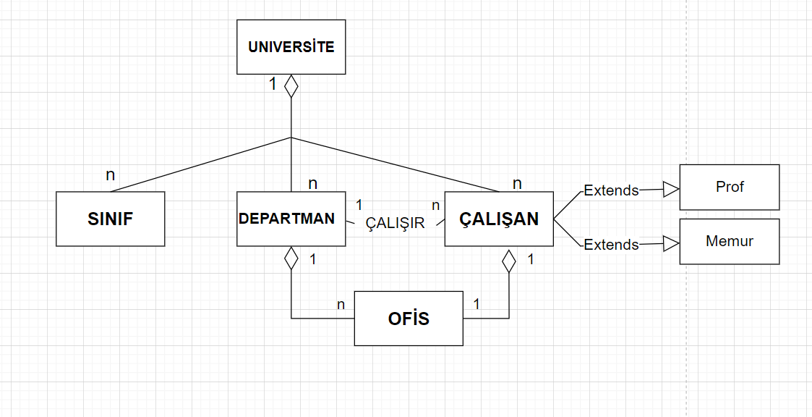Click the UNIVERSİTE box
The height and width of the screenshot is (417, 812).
pos(291,47)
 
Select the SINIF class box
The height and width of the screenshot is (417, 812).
pos(110,219)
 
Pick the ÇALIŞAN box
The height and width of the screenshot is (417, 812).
pos(499,219)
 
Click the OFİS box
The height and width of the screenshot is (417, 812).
pos(409,319)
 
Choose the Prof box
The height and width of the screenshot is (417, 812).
pos(730,187)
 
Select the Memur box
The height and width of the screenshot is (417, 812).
pos(730,241)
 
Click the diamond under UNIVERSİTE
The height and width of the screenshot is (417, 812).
pos(291,86)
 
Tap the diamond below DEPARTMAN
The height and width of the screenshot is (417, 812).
pos(291,258)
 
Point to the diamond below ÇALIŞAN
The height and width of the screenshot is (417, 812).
pos(509,260)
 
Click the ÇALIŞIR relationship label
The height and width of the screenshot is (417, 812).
pos(395,223)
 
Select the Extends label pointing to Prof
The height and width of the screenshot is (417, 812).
pos(611,191)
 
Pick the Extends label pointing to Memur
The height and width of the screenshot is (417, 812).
pos(611,245)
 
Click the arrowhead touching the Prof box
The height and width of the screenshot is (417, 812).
pos(671,190)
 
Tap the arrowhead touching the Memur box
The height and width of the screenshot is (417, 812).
pos(671,244)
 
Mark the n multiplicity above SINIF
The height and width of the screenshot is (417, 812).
pos(110,174)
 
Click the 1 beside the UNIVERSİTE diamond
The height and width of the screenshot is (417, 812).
pos(273,85)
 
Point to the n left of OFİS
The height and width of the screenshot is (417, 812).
pos(341,305)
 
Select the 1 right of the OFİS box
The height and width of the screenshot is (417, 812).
pos(476,304)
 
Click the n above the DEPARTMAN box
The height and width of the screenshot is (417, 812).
pos(312,183)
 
